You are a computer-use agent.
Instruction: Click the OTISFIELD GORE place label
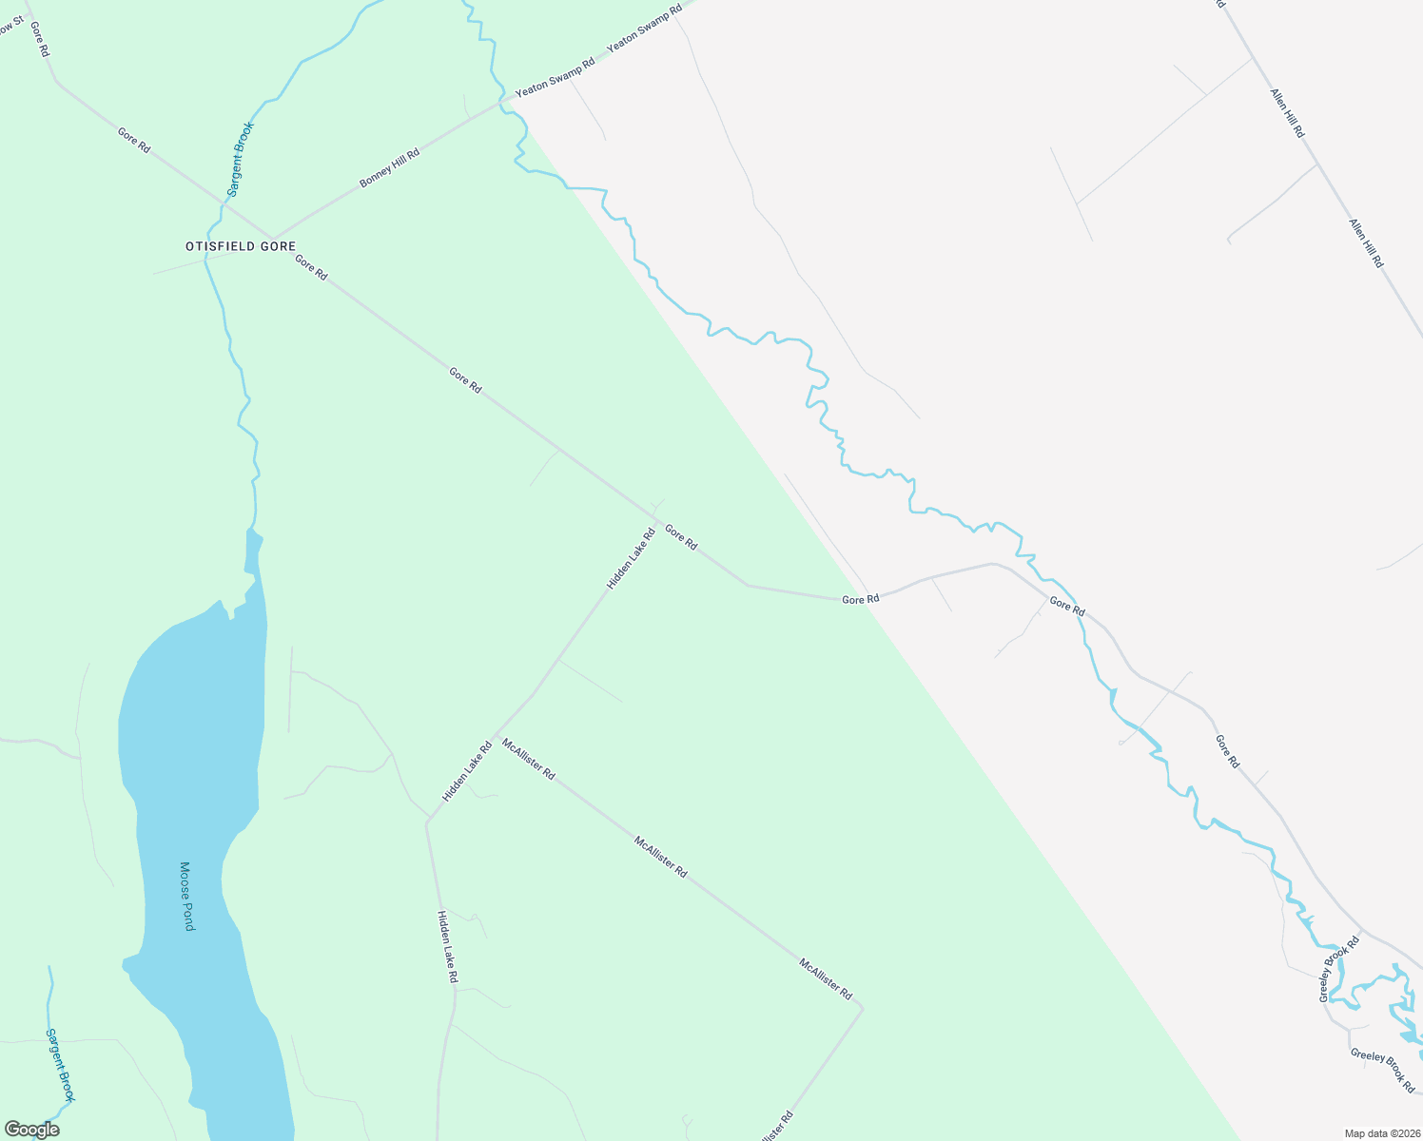(241, 246)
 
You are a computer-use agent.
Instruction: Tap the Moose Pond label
(186, 896)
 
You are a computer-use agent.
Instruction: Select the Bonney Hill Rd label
(389, 167)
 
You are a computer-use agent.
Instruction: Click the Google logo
(31, 1130)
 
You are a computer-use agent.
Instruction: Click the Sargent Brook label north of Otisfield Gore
(241, 160)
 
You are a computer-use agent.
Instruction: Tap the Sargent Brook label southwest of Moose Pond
(60, 1065)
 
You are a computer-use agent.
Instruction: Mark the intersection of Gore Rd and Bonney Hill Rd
(273, 239)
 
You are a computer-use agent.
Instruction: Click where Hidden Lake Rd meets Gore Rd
(655, 522)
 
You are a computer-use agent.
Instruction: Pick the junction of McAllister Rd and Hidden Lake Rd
(493, 737)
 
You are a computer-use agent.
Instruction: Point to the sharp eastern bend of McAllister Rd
(862, 1007)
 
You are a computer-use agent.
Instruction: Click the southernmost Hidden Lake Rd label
(447, 946)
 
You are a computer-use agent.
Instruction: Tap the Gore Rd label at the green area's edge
(860, 600)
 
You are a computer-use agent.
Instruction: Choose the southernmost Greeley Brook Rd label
(1382, 1070)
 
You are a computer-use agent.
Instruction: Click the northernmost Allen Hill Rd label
(1286, 113)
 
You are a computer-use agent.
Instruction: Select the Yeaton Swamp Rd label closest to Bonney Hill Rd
(555, 78)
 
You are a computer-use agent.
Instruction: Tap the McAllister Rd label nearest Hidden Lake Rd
(528, 760)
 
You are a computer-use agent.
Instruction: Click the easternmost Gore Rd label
(1227, 751)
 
